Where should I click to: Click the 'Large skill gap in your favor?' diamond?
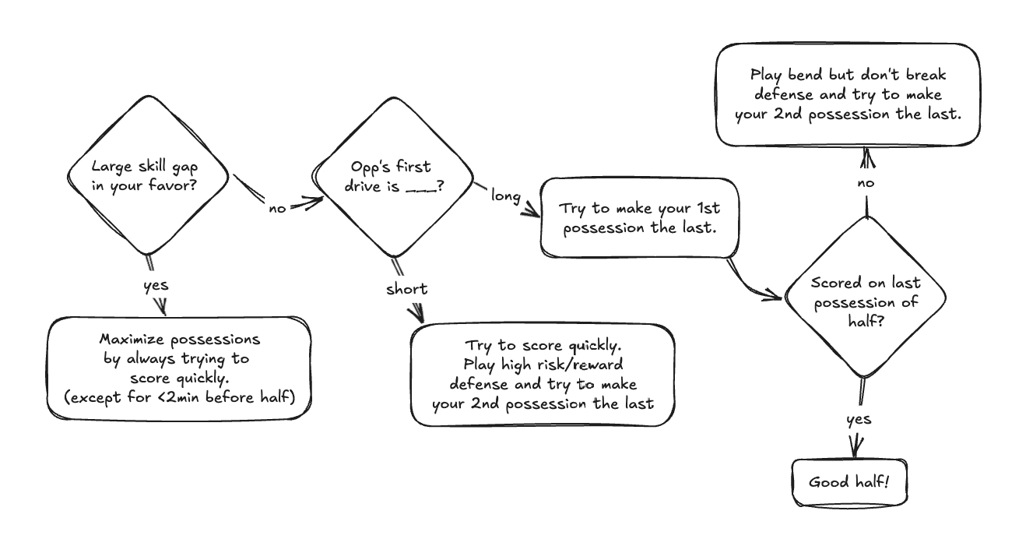pyautogui.click(x=148, y=176)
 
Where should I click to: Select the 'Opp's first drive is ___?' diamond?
pyautogui.click(x=392, y=178)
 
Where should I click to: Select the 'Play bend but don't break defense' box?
pyautogui.click(x=847, y=95)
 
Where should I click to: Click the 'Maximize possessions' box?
pyautogui.click(x=179, y=368)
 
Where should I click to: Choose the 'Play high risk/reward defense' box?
pyautogui.click(x=542, y=375)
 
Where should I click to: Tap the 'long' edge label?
pyautogui.click(x=505, y=196)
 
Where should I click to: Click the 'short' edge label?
pyautogui.click(x=406, y=289)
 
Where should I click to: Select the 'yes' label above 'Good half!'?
pyautogui.click(x=859, y=420)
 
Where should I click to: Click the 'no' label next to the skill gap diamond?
pyautogui.click(x=277, y=208)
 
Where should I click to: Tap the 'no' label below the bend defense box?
pyautogui.click(x=865, y=183)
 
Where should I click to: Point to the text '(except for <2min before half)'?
pyautogui.click(x=180, y=397)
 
